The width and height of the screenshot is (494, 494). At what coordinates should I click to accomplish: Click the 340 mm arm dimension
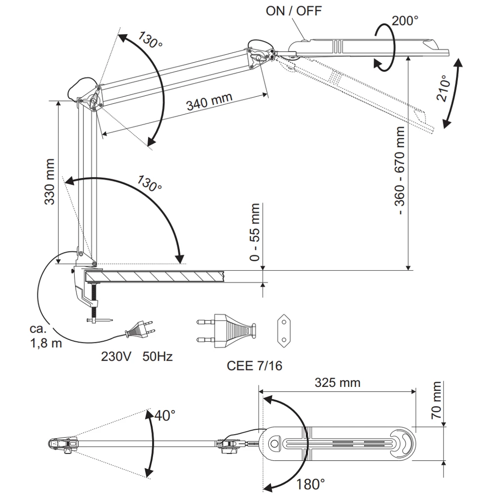(209, 102)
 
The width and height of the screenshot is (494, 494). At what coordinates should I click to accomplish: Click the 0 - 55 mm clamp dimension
(255, 232)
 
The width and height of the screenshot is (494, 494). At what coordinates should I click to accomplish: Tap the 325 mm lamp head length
(337, 382)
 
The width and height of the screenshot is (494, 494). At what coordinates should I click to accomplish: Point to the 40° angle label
(165, 415)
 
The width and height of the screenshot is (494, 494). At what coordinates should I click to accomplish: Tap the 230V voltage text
(116, 356)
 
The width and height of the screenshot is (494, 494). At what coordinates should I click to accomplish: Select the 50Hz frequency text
(158, 356)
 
